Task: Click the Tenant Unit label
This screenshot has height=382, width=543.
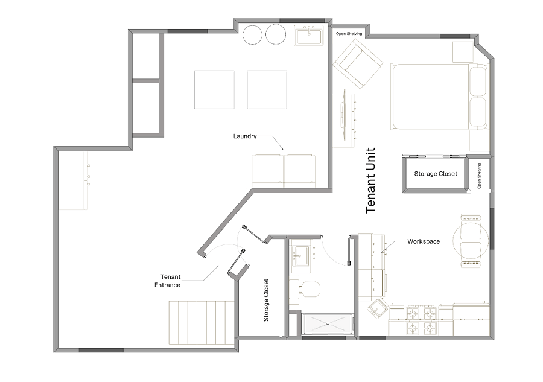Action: pyautogui.click(x=370, y=180)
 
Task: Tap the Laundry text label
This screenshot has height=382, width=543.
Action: pyautogui.click(x=245, y=136)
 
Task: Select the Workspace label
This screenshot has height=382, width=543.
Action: pyautogui.click(x=424, y=241)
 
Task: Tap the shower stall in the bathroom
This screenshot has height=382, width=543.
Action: pyautogui.click(x=327, y=324)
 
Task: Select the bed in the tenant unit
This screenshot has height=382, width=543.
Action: pyautogui.click(x=439, y=96)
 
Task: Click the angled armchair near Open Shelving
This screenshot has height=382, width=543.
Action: pyautogui.click(x=358, y=64)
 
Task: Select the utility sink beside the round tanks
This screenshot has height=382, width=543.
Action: pyautogui.click(x=309, y=34)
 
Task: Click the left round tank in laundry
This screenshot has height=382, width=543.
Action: pyautogui.click(x=252, y=34)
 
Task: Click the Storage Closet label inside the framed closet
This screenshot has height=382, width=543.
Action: pyautogui.click(x=436, y=174)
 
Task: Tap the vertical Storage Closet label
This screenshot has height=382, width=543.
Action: pyautogui.click(x=266, y=300)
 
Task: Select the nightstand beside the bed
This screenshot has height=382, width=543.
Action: pyautogui.click(x=463, y=52)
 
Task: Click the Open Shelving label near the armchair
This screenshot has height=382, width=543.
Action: pyautogui.click(x=349, y=34)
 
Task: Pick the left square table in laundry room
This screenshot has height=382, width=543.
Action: pyautogui.click(x=214, y=90)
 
